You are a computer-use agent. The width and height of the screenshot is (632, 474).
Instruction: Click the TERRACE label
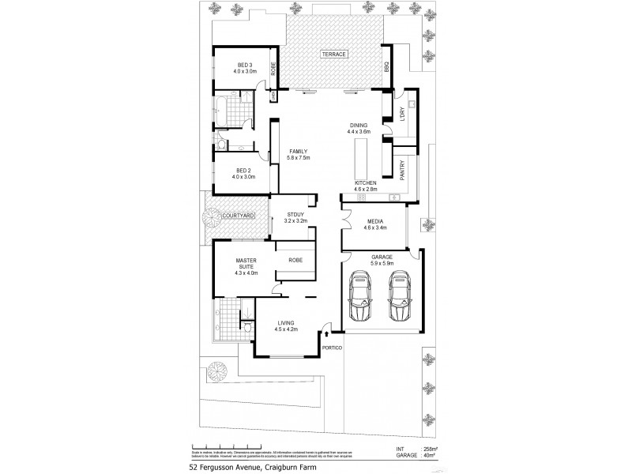(333, 54)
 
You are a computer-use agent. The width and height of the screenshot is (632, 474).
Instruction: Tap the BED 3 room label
(244, 65)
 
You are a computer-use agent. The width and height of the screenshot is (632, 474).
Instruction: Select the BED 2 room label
(244, 171)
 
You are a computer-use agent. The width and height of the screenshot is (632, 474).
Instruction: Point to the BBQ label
(387, 68)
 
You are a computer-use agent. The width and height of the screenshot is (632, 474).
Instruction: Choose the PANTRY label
(402, 171)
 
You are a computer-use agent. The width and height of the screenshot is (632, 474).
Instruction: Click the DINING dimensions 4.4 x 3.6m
(359, 132)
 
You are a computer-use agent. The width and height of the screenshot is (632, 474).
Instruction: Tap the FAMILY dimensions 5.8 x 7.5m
(299, 157)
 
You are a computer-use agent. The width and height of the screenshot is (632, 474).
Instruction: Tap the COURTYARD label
(237, 215)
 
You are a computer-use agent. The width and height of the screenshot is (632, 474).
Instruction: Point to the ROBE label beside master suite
(295, 259)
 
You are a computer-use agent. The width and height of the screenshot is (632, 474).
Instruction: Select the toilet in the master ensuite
(246, 325)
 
